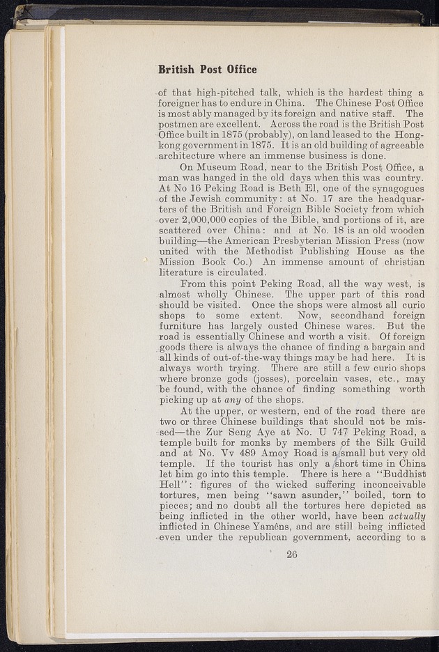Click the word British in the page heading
[177, 70]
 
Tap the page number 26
[292, 554]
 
